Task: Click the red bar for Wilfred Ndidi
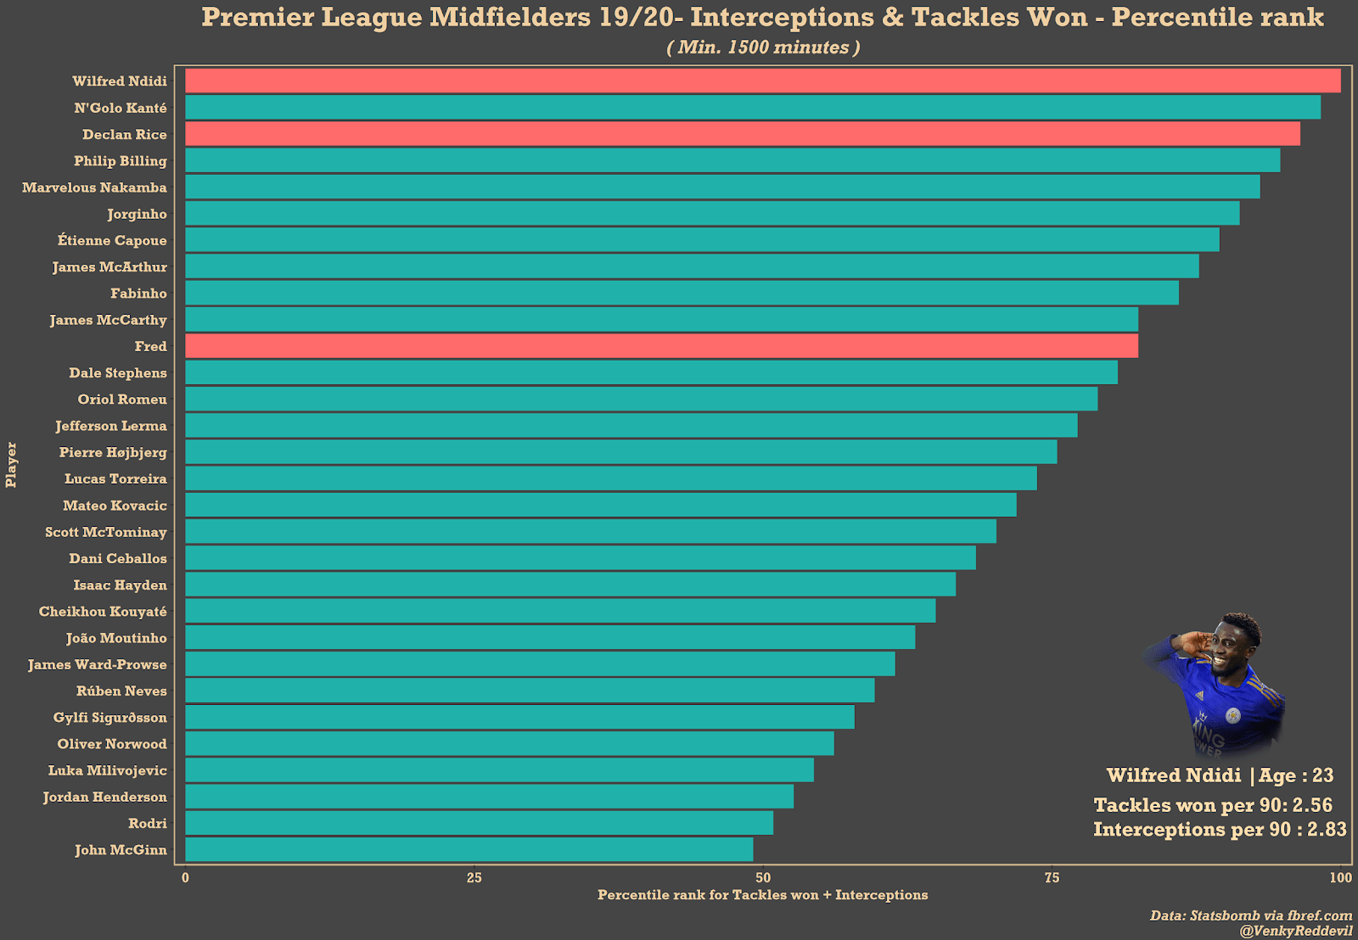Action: click(x=762, y=81)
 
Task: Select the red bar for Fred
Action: click(x=661, y=346)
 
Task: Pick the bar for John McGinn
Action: click(x=469, y=850)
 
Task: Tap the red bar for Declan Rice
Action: click(x=742, y=134)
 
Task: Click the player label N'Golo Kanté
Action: click(x=121, y=109)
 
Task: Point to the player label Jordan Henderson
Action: click(x=105, y=797)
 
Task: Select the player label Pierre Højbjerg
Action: click(x=113, y=453)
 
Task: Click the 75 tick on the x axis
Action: click(x=1052, y=878)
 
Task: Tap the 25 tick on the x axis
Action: click(x=474, y=878)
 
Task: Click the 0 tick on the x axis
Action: click(x=185, y=878)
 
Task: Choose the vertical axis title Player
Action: click(x=11, y=465)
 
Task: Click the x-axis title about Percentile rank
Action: click(x=762, y=895)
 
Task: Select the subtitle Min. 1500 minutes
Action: click(x=763, y=48)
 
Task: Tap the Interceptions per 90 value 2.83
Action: click(x=1327, y=830)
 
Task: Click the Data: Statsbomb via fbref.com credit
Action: click(x=1250, y=915)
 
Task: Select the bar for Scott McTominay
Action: click(x=590, y=532)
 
